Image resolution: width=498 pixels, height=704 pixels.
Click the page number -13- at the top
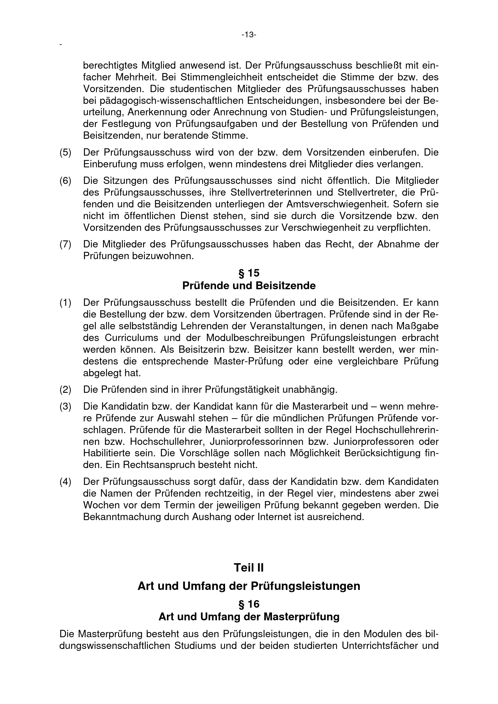click(x=249, y=35)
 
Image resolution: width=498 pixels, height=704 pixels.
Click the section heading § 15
click(x=249, y=273)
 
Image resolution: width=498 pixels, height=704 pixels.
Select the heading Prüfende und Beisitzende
click(x=249, y=286)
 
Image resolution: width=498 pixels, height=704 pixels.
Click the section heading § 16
click(x=249, y=604)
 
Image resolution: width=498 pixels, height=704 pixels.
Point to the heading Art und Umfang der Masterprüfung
click(x=249, y=617)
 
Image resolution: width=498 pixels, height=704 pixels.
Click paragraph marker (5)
click(x=65, y=152)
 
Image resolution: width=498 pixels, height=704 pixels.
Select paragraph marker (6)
click(x=65, y=181)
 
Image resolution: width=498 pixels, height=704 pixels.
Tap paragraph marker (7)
click(x=65, y=244)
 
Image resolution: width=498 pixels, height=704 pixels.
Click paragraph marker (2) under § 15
click(x=65, y=390)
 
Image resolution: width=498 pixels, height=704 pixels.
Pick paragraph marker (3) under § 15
click(x=65, y=407)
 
